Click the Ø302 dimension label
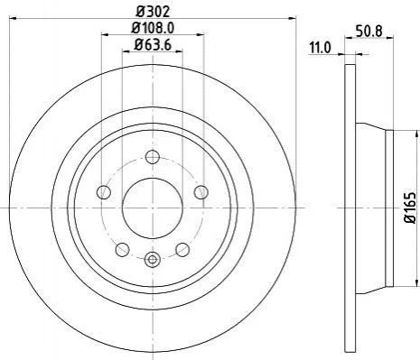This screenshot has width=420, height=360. point(153,12)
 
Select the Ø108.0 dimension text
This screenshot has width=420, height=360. point(153,28)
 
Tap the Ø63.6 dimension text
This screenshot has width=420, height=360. point(153,45)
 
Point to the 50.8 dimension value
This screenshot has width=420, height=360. point(369,32)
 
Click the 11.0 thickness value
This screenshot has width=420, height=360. point(321,48)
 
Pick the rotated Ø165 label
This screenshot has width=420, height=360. point(410,208)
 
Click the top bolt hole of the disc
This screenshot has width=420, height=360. point(153,157)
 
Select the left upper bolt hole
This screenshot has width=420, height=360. point(104,192)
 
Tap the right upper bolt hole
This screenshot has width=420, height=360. point(201,192)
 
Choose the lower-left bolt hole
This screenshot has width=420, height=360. point(123,250)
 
